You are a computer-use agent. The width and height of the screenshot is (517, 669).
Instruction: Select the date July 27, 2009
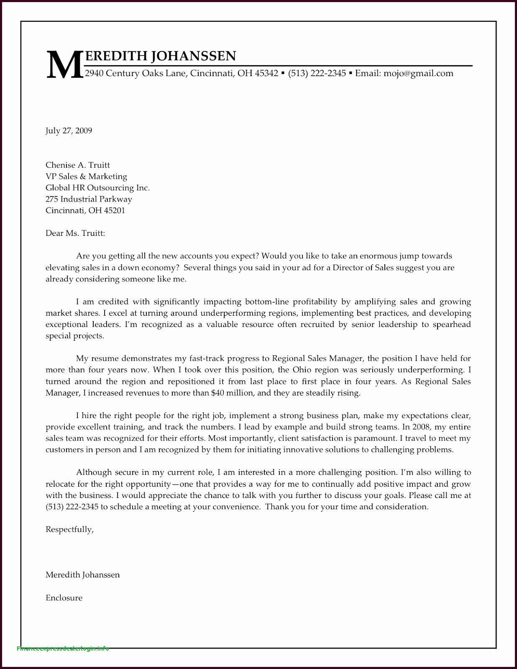point(69,131)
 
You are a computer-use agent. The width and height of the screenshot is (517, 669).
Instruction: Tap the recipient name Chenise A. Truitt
point(78,165)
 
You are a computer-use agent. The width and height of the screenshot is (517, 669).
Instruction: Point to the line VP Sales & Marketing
point(86,176)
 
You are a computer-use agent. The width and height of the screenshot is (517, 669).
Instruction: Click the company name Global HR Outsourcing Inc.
point(97,188)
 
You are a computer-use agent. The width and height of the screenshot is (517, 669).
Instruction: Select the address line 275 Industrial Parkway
point(89,199)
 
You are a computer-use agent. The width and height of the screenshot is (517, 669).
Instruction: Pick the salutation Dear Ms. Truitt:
point(75,233)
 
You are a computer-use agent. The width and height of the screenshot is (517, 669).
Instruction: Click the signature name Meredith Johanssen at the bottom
point(82,575)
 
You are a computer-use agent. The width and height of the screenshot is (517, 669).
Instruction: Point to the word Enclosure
point(64,598)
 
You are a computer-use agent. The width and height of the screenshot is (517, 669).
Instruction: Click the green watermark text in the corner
point(63,649)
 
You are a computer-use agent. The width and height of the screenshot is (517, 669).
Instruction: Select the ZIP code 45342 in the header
point(266,74)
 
